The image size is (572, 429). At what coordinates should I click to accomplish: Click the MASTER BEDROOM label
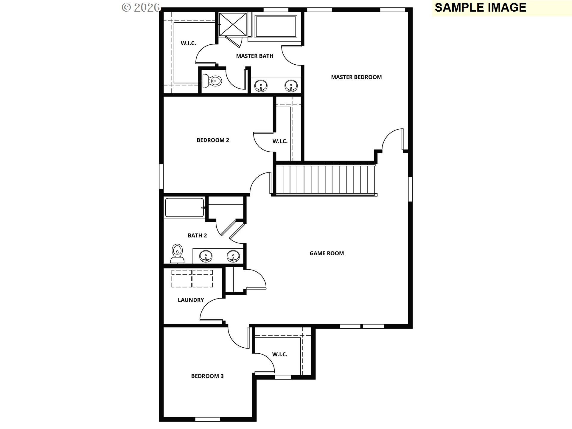pos(356,77)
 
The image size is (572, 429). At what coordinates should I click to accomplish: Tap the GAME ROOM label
pos(327,253)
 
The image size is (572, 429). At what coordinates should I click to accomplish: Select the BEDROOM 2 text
pos(213,140)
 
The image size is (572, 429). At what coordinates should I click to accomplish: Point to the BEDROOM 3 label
pos(207,376)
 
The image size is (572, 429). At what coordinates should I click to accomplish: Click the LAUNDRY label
pos(191,300)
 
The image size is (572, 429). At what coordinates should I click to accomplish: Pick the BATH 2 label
pos(197,235)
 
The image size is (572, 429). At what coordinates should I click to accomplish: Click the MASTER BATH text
pos(255,56)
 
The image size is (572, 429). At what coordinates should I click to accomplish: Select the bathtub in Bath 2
pos(184,207)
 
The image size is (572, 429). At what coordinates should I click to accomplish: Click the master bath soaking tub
pos(276,26)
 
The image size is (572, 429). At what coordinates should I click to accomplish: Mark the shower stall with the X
pos(233,24)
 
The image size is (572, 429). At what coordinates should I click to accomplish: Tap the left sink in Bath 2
pos(206,256)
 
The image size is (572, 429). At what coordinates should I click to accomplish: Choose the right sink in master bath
pos(291,86)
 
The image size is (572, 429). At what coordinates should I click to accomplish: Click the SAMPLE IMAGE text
pos(480,7)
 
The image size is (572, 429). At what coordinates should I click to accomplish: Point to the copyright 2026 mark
pos(141,7)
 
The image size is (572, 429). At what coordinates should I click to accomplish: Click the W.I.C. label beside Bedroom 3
pos(279,354)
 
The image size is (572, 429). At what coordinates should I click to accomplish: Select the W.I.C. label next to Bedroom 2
pos(280,141)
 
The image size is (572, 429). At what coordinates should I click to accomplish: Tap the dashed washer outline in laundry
pos(181,279)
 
